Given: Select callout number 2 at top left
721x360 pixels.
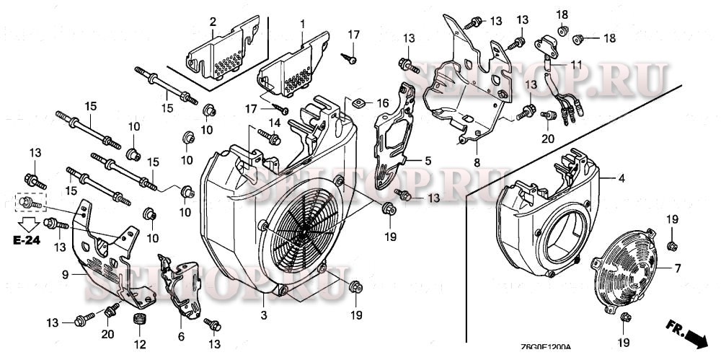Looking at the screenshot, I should pos(213,21).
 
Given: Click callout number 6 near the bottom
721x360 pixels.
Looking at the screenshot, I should pos(181,336).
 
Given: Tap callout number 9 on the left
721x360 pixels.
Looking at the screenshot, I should pos(64,275).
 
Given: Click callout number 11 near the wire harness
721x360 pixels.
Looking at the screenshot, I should pos(575,65).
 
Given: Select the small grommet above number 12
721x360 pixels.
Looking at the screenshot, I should pos(139,320).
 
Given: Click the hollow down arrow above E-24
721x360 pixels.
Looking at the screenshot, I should pos(30,221).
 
